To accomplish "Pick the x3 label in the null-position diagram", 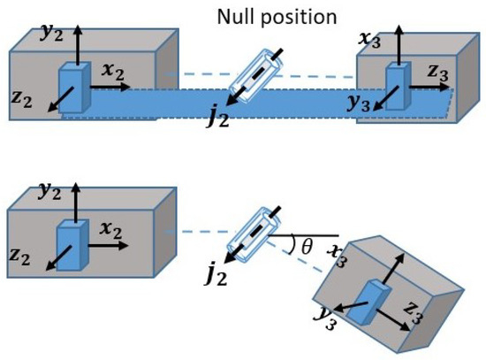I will (x=369, y=40).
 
